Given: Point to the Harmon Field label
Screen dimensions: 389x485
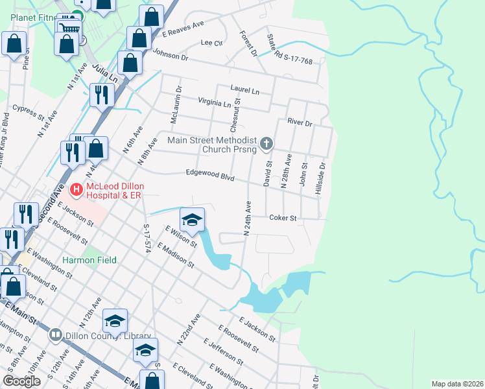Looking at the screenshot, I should pos(89,260).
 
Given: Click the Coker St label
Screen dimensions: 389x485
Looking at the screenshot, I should pos(283,218).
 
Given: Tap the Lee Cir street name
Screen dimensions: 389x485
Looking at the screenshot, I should pos(211,43).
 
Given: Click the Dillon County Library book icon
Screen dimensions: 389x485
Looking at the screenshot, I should pos(56,335).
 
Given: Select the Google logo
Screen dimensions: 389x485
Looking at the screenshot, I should pos(21,381).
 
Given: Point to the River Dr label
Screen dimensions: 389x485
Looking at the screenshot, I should pos(300,123).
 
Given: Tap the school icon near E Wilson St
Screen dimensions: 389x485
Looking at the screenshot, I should pos(192,220).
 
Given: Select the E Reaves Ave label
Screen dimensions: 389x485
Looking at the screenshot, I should pos(183,28).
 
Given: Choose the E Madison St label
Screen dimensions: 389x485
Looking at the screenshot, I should pos(180,255).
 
